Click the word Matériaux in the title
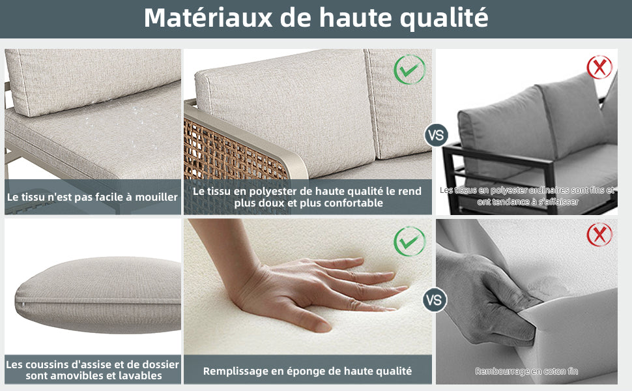pyautogui.click(x=208, y=18)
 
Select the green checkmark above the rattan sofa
pyautogui.click(x=410, y=69)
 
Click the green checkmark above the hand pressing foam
pyautogui.click(x=410, y=242)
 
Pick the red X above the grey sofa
pyautogui.click(x=599, y=67)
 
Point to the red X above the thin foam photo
pyautogui.click(x=599, y=234)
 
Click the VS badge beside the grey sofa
pyautogui.click(x=436, y=135)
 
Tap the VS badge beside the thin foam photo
pyautogui.click(x=435, y=300)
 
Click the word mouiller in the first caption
pyautogui.click(x=156, y=197)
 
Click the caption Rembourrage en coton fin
pyautogui.click(x=526, y=371)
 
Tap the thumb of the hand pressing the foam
pyautogui.click(x=298, y=319)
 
